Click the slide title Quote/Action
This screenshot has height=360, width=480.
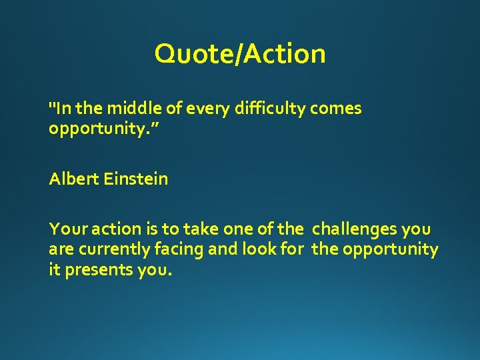pyautogui.click(x=240, y=54)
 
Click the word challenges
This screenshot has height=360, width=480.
pyautogui.click(x=355, y=230)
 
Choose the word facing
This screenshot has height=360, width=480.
pyautogui.click(x=168, y=250)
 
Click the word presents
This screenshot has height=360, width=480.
pyautogui.click(x=95, y=270)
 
